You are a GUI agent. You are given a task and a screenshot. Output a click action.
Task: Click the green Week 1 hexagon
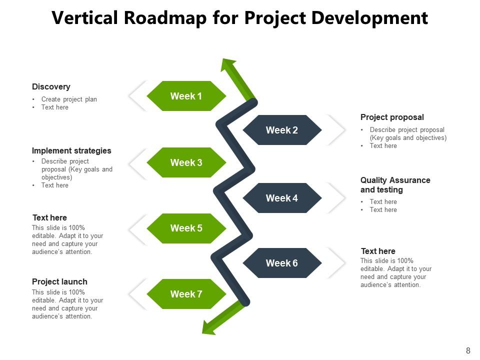pyautogui.click(x=186, y=96)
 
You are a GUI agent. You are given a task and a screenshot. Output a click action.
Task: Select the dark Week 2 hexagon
pyautogui.click(x=282, y=130)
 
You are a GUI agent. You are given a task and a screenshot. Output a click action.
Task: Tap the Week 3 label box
pyautogui.click(x=186, y=162)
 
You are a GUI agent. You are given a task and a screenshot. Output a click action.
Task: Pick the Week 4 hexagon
pyautogui.click(x=282, y=198)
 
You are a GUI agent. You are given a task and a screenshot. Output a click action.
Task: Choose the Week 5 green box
pyautogui.click(x=186, y=228)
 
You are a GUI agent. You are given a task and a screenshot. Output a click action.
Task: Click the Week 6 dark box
pyautogui.click(x=282, y=263)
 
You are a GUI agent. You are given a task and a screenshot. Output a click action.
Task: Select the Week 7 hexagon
pyautogui.click(x=186, y=294)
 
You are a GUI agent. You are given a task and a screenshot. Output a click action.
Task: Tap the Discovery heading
pyautogui.click(x=51, y=86)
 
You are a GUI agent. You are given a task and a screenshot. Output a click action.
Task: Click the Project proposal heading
pyautogui.click(x=392, y=117)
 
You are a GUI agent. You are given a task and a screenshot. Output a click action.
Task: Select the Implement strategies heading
pyautogui.click(x=71, y=150)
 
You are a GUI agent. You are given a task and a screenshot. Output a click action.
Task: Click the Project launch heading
pyautogui.click(x=59, y=281)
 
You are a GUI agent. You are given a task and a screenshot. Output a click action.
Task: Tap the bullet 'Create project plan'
pyautogui.click(x=69, y=99)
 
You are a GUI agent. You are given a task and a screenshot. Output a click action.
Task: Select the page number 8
pyautogui.click(x=468, y=350)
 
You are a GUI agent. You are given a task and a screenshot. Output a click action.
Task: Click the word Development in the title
pyautogui.click(x=369, y=18)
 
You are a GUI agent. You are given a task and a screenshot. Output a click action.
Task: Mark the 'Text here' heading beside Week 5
pyautogui.click(x=49, y=217)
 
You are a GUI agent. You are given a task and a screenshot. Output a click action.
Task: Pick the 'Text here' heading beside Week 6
pyautogui.click(x=378, y=251)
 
